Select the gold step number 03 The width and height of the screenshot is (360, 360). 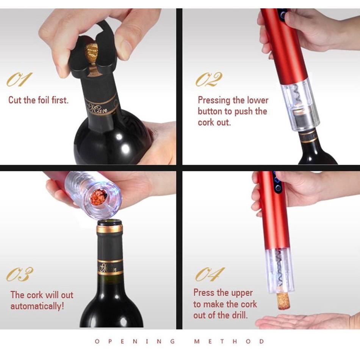point(19,274)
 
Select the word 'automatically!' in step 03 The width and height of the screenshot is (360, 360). point(37,306)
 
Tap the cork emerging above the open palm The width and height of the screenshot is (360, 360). point(283,300)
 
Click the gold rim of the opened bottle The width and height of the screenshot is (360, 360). point(110,229)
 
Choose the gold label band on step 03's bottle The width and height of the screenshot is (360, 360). point(110,267)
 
